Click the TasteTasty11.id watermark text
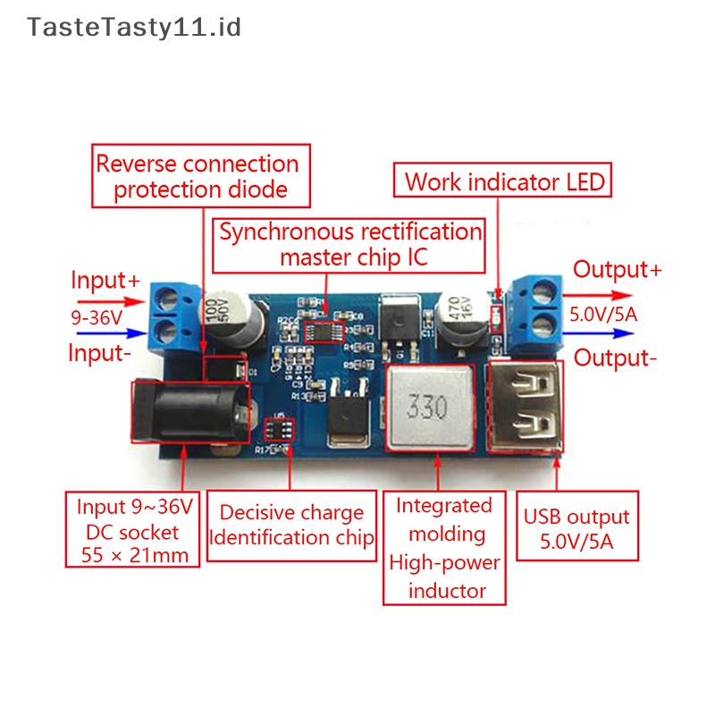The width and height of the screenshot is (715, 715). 133,28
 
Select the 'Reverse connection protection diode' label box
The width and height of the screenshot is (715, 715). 201,176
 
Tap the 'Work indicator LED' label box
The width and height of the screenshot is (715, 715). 502,181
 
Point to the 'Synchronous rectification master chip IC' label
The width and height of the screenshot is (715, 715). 349,246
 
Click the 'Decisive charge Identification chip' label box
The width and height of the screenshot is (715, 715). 292,526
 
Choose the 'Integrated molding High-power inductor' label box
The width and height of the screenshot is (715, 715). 444,548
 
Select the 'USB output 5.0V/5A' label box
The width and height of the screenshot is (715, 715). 577,526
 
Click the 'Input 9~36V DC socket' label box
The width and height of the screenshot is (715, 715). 132,529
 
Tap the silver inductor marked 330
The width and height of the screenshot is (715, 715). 430,408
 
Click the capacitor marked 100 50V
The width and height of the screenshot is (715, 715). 231,321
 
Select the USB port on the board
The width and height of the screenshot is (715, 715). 526,406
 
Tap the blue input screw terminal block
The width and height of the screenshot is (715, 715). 174,316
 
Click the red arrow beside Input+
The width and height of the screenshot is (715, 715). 111,301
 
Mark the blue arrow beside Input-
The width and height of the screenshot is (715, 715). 112,333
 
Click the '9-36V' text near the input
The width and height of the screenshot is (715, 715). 97,317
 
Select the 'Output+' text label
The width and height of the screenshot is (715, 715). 617,270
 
